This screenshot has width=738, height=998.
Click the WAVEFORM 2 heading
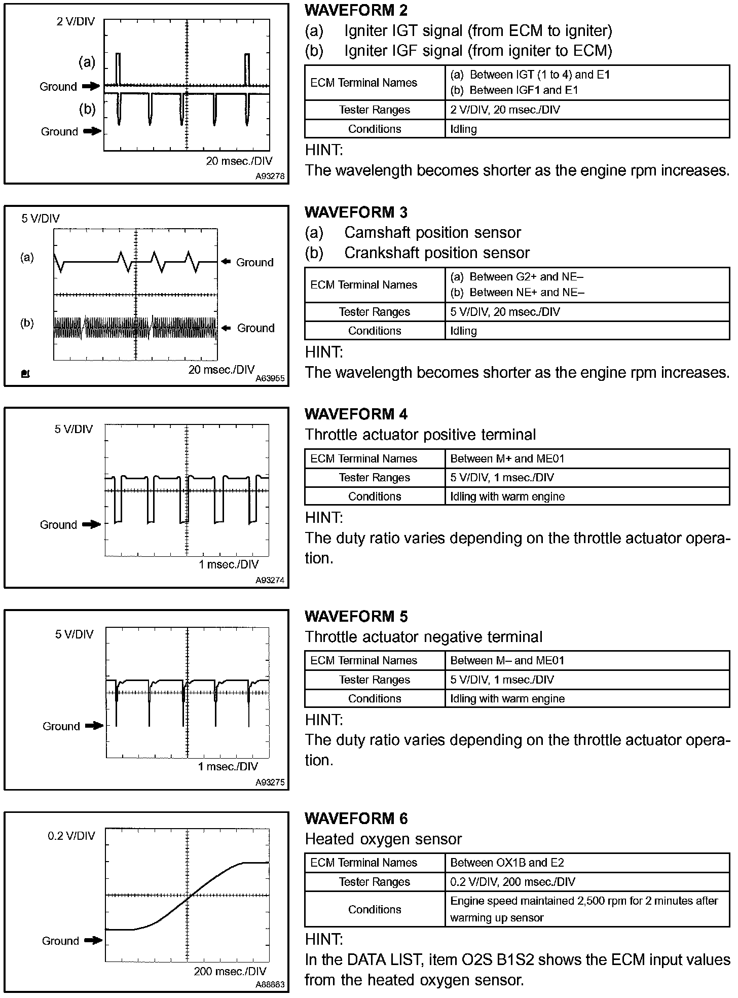(x=356, y=10)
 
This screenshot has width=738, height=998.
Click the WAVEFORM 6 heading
(x=356, y=818)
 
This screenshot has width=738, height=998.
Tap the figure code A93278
(x=270, y=176)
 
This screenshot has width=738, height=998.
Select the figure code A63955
(x=270, y=378)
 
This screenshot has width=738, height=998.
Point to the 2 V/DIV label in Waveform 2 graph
(x=76, y=22)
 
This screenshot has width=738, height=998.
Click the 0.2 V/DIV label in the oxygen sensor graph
(x=71, y=836)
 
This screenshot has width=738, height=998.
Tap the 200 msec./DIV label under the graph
(x=230, y=971)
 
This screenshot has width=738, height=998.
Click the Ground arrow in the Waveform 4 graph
(x=92, y=524)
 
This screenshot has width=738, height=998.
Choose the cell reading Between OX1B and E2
(x=507, y=862)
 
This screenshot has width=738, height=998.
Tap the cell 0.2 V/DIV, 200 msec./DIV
(x=512, y=881)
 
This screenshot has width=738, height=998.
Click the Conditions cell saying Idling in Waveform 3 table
(x=464, y=331)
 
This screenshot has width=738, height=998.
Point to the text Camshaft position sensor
(x=432, y=232)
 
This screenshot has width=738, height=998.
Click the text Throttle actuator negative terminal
(x=424, y=637)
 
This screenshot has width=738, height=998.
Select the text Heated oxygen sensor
(x=383, y=839)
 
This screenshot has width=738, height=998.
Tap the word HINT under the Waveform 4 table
(x=324, y=518)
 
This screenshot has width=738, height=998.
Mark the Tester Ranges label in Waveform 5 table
(x=374, y=680)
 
